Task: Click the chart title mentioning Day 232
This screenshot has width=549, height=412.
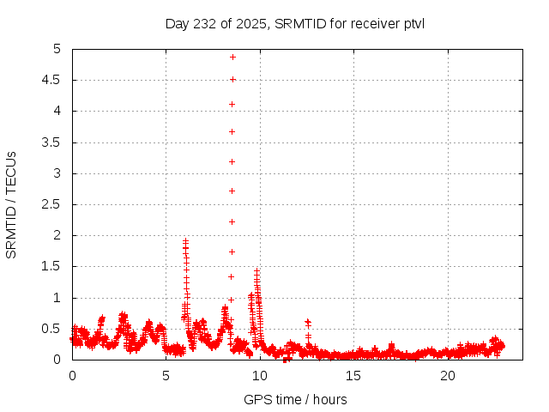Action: click(295, 23)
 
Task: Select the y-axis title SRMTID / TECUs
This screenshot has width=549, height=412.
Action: click(12, 204)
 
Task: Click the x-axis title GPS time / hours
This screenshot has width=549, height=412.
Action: click(295, 399)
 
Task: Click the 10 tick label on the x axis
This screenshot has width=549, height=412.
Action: click(260, 376)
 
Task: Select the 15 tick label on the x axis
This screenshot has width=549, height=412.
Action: click(354, 376)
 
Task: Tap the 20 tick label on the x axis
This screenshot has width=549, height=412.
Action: click(448, 376)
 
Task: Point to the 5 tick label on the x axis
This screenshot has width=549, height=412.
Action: click(166, 376)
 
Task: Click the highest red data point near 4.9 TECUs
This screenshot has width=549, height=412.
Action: click(232, 57)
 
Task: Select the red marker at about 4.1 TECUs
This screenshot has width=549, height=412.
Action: click(232, 104)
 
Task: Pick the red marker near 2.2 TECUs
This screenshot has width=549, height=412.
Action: click(232, 221)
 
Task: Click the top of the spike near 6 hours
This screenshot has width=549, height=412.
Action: click(185, 241)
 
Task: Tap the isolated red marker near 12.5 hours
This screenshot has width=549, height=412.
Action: click(307, 322)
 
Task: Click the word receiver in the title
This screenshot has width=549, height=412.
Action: click(374, 23)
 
